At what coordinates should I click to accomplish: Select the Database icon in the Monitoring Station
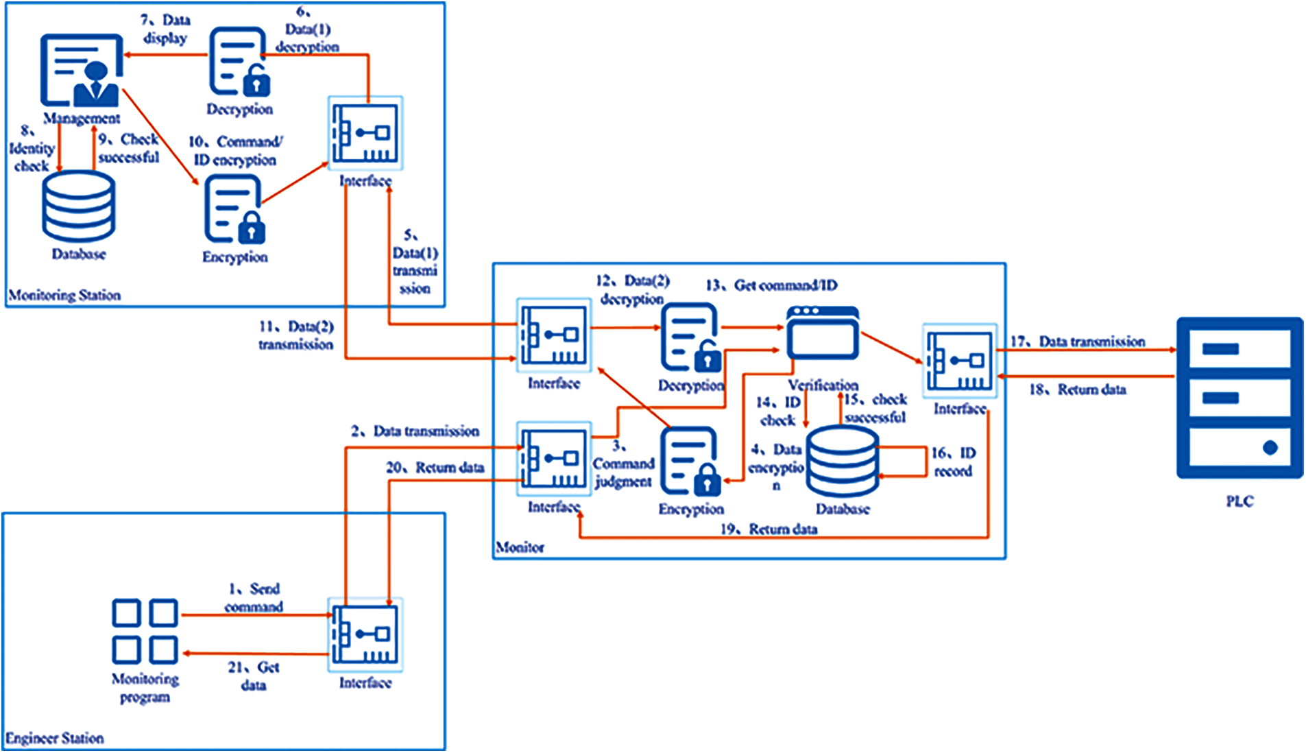coord(78,206)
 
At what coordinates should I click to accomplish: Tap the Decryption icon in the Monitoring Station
coord(239,62)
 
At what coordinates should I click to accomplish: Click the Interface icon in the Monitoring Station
coord(365,133)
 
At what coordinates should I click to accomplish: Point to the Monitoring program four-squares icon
coord(145,631)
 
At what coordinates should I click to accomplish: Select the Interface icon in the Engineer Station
coord(365,635)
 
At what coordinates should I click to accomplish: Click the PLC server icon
coord(1240,398)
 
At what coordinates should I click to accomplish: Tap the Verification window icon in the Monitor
coord(823,334)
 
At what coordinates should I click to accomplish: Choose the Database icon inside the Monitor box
coord(842,462)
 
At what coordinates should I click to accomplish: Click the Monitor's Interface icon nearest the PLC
coord(959,361)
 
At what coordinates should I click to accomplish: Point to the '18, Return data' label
coord(1078,390)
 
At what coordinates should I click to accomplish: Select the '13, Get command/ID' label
coord(771,285)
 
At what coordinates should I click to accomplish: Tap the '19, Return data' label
coord(769,529)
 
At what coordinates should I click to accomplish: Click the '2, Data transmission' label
coord(415,431)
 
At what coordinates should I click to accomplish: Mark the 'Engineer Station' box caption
coord(55,739)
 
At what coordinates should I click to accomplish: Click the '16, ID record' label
coord(953,462)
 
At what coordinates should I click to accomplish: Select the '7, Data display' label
coord(165,29)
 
